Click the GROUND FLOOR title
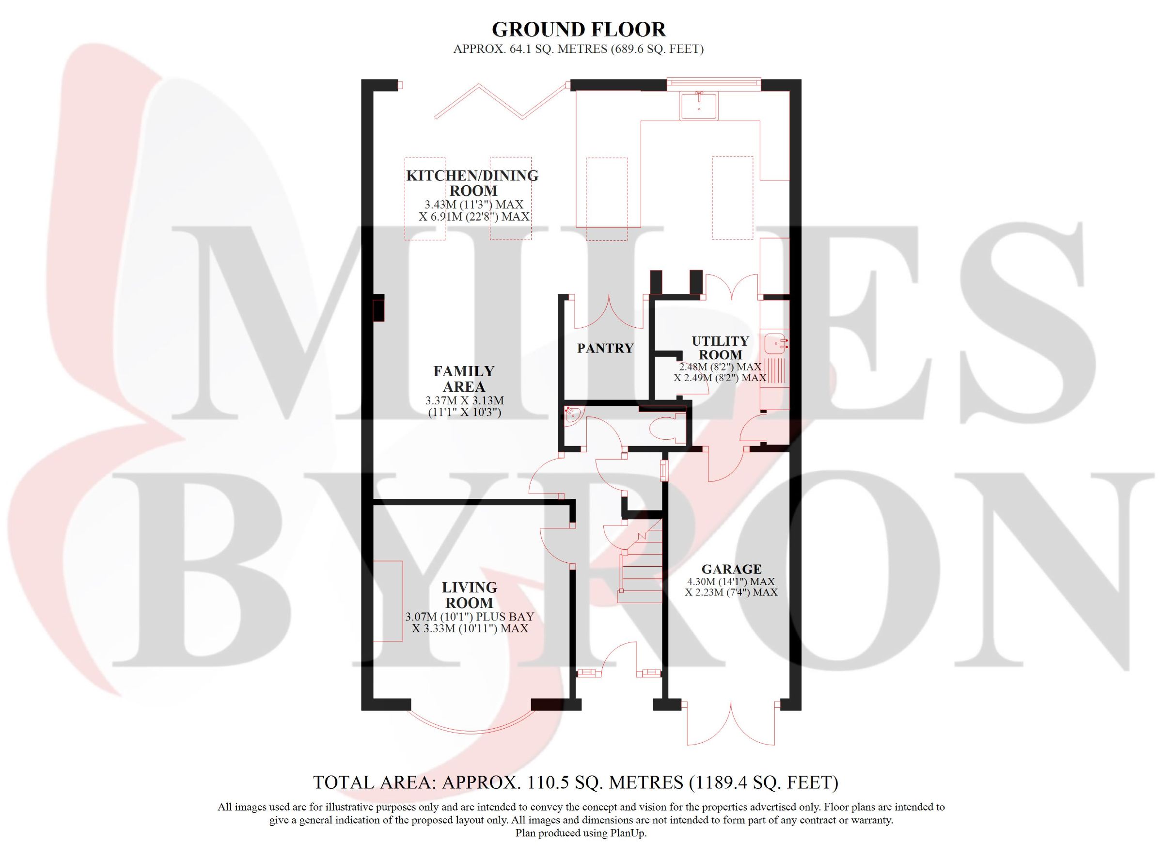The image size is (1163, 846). coord(579,30)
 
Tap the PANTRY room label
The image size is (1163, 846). coord(605,349)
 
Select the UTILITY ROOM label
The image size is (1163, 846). coord(720,348)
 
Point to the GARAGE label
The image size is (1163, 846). coord(731,569)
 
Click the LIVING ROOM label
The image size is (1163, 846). coord(469,595)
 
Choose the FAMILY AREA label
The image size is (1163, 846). coord(464,379)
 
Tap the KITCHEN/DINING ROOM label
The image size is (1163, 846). coord(472,183)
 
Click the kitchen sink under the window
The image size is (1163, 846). coord(698,106)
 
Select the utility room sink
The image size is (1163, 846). coord(775,344)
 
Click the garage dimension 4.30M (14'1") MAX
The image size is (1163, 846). coord(731,582)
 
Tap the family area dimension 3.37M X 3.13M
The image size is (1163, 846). coord(465,400)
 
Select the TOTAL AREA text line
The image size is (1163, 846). coord(575,782)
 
